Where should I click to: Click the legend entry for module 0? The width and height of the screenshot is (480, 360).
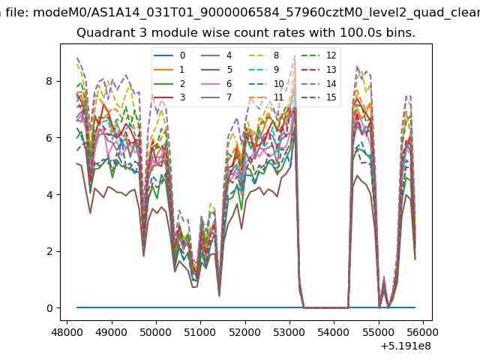tap(169, 55)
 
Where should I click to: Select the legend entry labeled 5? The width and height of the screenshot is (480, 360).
tap(217, 70)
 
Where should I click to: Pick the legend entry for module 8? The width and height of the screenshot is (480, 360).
tap(265, 55)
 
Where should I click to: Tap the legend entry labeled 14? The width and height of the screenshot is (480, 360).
tap(319, 83)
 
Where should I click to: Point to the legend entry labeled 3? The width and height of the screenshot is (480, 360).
tap(169, 97)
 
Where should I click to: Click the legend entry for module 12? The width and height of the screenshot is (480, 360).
tap(319, 55)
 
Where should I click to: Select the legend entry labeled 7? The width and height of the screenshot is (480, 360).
tap(217, 97)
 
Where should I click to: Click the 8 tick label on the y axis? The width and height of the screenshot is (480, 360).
tap(49, 81)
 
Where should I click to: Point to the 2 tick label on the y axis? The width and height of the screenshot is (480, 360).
tap(49, 251)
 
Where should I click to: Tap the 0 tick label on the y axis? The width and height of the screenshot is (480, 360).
tap(49, 308)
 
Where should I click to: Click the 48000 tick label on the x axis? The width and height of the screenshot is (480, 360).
tap(67, 332)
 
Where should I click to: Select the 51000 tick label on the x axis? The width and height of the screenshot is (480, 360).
tap(200, 332)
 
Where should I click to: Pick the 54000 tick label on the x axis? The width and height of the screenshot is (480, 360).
tap(334, 332)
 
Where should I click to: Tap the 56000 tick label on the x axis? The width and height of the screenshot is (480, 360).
tap(423, 332)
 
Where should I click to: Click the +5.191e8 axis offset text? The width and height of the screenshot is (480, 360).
tap(406, 346)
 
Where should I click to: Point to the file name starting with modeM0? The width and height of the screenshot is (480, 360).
tap(256, 13)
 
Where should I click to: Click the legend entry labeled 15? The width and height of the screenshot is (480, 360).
tap(319, 97)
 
